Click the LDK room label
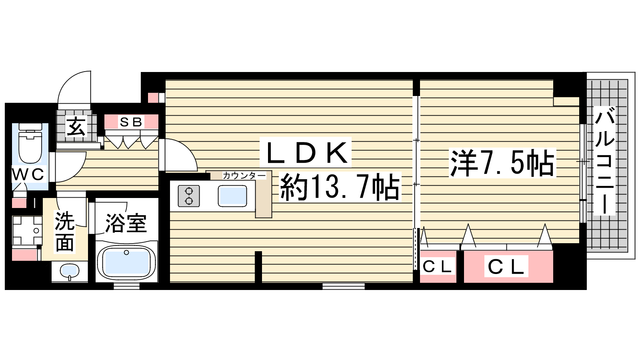(x=305, y=152)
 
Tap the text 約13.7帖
(x=340, y=188)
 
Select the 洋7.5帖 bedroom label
(x=502, y=162)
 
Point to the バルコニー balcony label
(x=604, y=160)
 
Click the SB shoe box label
(x=131, y=122)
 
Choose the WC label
(x=29, y=174)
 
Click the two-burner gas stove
(x=188, y=196)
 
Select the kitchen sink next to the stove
(x=232, y=196)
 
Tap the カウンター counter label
(x=244, y=175)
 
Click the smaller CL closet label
(x=438, y=266)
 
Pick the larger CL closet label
(x=506, y=266)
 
